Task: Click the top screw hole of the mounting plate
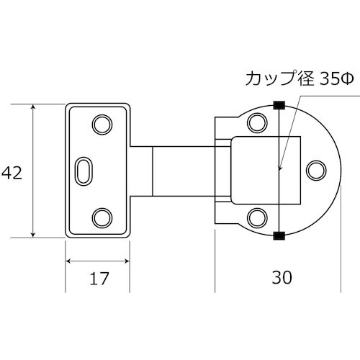(102, 124)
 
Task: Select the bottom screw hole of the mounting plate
(102, 216)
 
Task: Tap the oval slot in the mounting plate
(84, 170)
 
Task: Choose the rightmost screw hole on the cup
(315, 170)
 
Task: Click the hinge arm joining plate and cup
(184, 171)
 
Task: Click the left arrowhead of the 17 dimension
(69, 259)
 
